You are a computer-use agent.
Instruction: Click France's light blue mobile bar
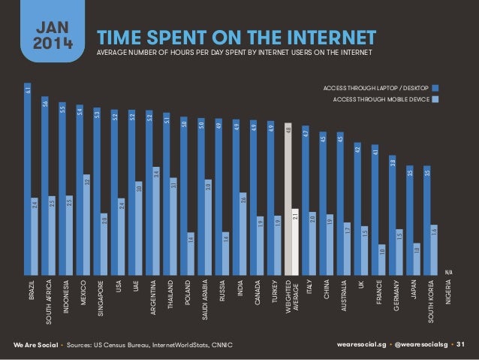[382, 259]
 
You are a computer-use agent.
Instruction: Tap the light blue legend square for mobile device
[435, 99]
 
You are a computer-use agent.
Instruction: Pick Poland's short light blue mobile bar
[191, 253]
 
